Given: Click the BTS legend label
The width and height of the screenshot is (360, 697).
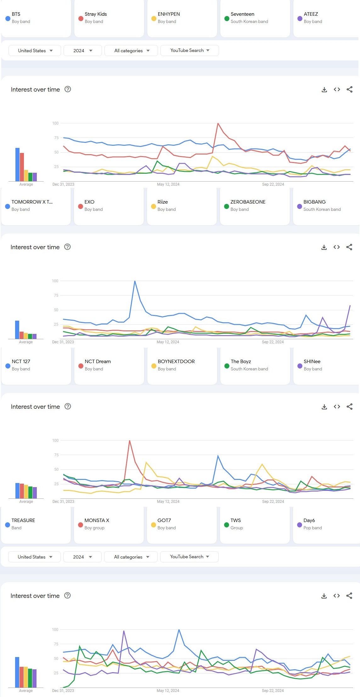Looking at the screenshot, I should click(16, 14).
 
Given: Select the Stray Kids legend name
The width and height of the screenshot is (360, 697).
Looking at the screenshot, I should click(96, 14).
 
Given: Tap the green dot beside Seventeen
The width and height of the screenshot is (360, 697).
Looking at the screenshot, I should click(227, 19).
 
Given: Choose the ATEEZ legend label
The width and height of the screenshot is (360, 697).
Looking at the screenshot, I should click(311, 14).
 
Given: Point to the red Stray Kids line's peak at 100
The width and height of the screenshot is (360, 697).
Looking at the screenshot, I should click(218, 124).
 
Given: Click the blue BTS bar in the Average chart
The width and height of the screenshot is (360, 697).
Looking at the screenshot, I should click(18, 164).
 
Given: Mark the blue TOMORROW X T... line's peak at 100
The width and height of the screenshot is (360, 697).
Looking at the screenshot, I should click(135, 281).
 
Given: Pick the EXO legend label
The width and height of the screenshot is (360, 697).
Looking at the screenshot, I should click(89, 202).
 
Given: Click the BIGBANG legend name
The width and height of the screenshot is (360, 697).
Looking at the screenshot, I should click(314, 202).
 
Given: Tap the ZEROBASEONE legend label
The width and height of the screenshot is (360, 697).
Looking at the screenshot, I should click(248, 202).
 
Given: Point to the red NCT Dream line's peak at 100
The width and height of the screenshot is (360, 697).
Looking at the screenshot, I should click(130, 441).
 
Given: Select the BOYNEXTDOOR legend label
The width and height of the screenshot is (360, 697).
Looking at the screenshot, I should click(176, 362).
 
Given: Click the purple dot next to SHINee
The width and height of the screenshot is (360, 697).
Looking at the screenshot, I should click(300, 366).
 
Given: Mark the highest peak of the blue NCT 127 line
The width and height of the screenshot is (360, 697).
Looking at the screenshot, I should click(218, 456).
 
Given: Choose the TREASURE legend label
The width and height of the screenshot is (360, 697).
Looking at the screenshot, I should click(23, 520).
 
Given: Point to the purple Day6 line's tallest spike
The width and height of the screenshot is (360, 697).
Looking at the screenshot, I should click(124, 631).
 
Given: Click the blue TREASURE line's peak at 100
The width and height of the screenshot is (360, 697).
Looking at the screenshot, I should click(179, 630).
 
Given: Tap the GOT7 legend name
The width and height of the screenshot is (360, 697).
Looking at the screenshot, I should click(164, 520).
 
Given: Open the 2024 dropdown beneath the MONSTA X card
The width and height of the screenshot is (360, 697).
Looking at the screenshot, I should click(82, 557).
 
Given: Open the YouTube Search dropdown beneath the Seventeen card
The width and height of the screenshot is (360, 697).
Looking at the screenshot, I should click(190, 50).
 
